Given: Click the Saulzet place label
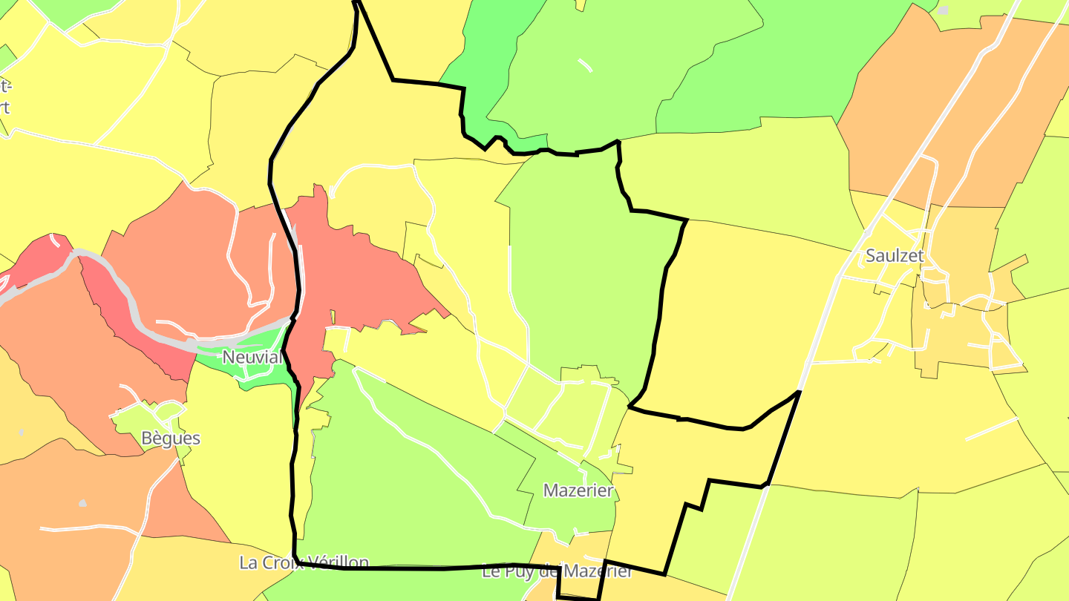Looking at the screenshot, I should tap(895, 256).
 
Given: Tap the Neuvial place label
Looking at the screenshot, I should tap(252, 358).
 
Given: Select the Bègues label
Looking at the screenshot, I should tap(171, 439).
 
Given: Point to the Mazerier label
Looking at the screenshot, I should tap(578, 490).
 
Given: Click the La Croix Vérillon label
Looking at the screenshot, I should tap(304, 562).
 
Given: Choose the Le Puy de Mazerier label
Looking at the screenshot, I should tap(557, 572).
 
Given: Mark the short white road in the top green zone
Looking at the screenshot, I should tap(585, 65).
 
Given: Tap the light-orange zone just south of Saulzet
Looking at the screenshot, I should tap(958, 334).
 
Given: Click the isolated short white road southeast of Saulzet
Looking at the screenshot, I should tap(991, 429).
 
